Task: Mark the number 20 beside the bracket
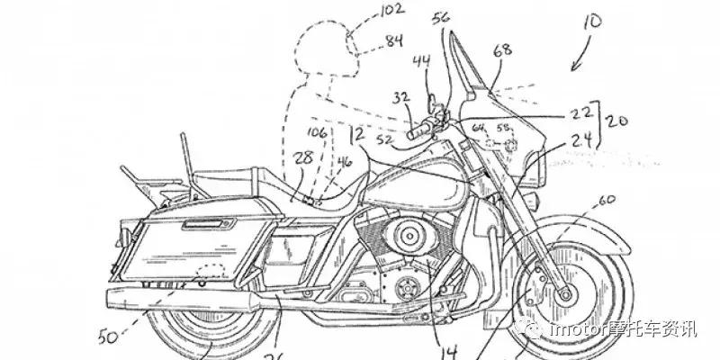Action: (x=616, y=120)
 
